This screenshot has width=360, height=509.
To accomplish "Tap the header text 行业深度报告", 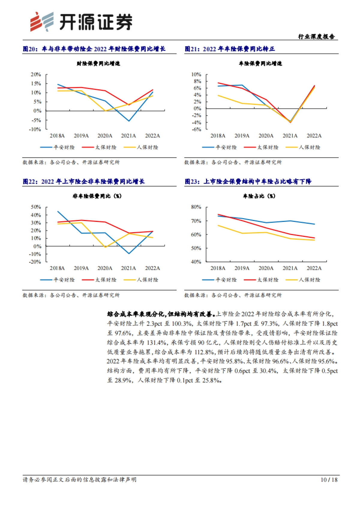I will point(316,37).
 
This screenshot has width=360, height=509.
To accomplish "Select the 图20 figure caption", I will point(94,49).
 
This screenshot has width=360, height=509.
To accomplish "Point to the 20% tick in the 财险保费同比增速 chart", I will point(36,74).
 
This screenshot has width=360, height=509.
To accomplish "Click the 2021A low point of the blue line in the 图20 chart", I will point(129,121).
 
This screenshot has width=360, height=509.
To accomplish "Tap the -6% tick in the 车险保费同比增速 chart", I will point(196,129).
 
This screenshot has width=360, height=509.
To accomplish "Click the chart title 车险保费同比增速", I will point(260,63).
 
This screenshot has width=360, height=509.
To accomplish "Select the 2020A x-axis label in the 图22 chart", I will point(105,268).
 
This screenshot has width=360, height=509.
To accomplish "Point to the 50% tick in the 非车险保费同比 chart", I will point(36,207).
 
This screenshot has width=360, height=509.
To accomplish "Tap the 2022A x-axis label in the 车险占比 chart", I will point(314,268).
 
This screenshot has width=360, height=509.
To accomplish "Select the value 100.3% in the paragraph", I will point(182,323).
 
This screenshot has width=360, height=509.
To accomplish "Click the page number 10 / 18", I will point(329,480).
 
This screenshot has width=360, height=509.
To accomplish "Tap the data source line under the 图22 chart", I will point(71,295).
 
